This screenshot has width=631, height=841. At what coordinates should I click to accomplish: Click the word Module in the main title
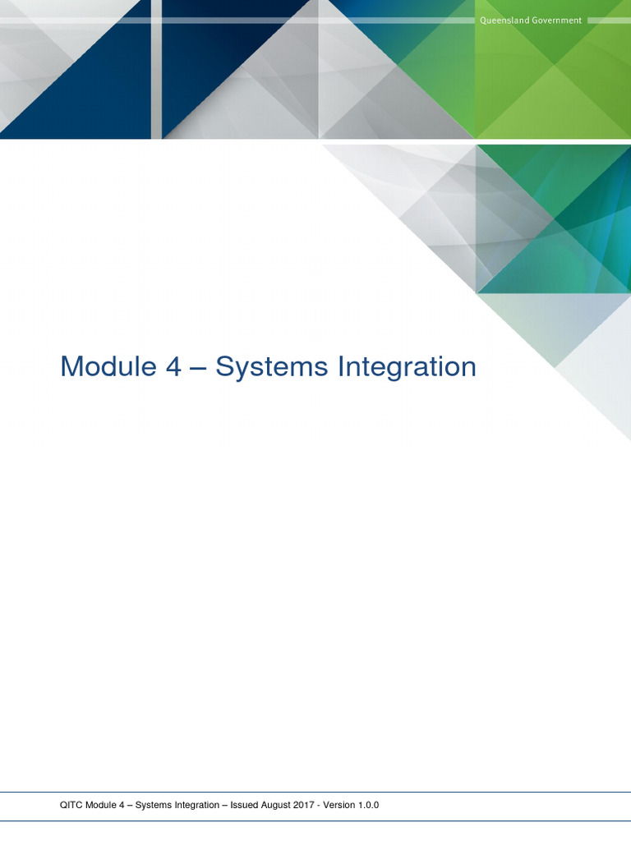[106, 366]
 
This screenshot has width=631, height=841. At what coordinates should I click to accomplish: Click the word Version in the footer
[339, 806]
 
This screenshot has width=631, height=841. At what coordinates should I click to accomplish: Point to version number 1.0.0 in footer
[368, 806]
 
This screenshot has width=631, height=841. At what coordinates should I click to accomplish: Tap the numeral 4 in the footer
[112, 806]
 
